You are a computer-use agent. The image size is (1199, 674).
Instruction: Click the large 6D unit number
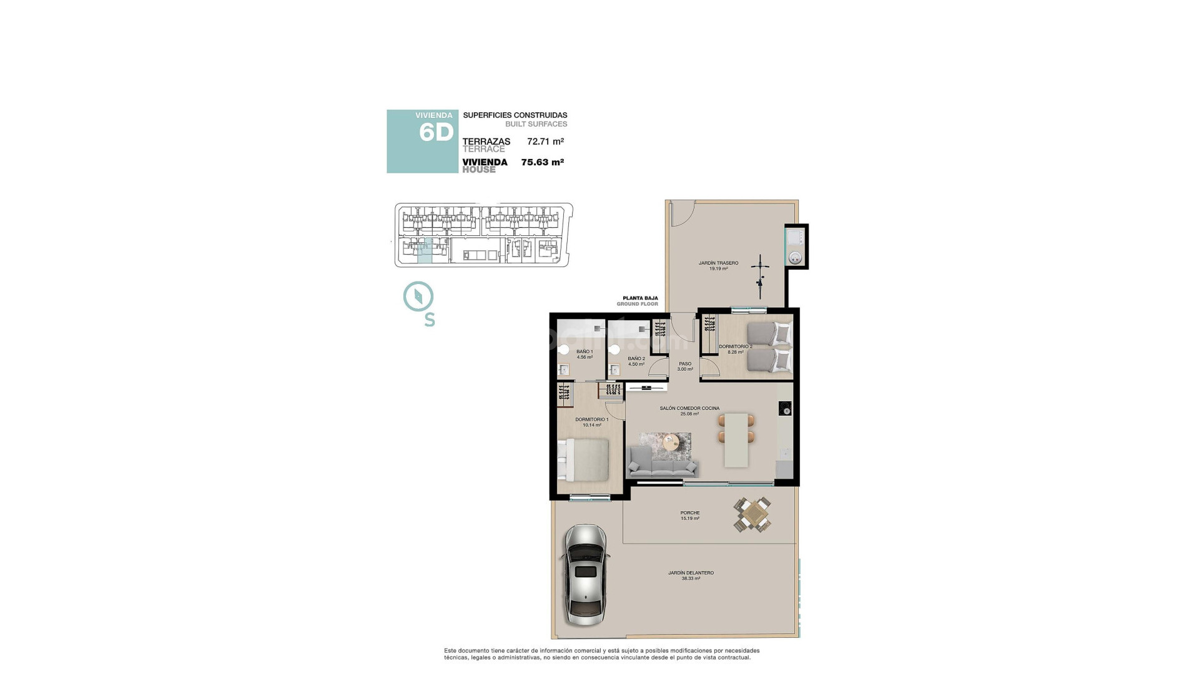pos(436,132)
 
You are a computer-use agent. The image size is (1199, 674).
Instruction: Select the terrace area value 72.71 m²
pos(545,142)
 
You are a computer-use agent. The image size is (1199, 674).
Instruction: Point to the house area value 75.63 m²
pos(542,162)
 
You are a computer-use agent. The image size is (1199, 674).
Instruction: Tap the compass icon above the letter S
pos(418,296)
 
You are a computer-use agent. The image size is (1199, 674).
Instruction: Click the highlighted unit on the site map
pos(424,251)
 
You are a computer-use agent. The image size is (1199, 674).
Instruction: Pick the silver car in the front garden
pos(585,574)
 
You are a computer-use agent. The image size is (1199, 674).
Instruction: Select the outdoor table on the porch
pos(752,515)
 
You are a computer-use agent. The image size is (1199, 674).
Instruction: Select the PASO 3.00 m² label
pos(685,366)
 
